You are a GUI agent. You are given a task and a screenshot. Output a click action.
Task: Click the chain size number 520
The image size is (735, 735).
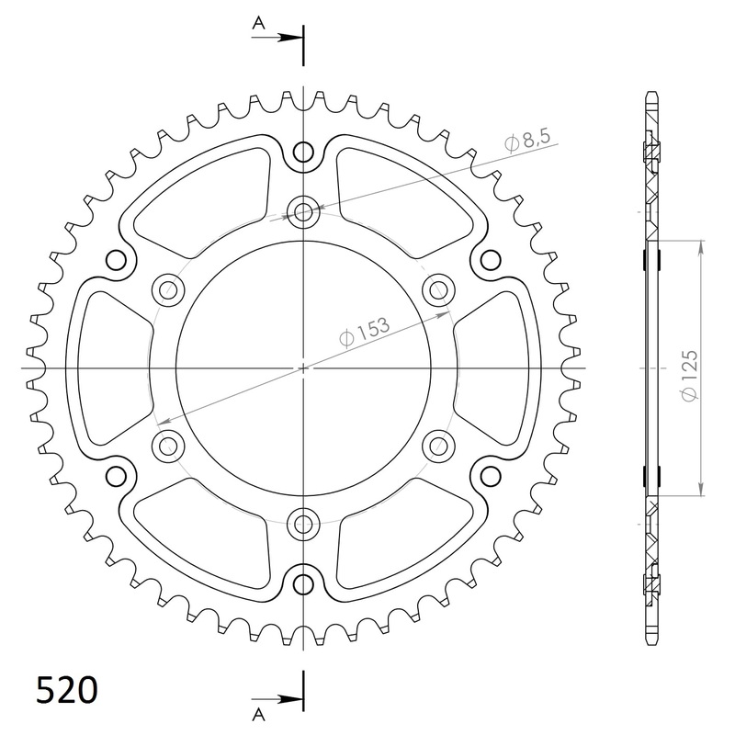(66, 689)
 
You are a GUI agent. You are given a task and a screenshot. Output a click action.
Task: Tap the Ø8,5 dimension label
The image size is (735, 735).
(527, 142)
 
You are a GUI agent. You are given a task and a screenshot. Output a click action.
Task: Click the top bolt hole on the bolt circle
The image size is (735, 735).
(303, 212)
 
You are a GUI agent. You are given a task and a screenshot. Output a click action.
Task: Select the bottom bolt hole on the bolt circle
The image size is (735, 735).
(303, 525)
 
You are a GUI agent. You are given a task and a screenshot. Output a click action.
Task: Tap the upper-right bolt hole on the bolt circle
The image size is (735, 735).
(438, 290)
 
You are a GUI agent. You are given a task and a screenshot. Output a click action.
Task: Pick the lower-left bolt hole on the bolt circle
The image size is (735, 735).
(168, 447)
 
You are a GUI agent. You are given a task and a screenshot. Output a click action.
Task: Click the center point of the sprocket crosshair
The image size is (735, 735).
(303, 368)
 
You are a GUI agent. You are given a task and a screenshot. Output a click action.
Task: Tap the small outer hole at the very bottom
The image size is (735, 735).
(303, 583)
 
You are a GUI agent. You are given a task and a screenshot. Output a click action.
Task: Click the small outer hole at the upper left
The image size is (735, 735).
(117, 261)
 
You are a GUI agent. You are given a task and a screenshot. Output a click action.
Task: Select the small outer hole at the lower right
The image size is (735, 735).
(490, 476)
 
